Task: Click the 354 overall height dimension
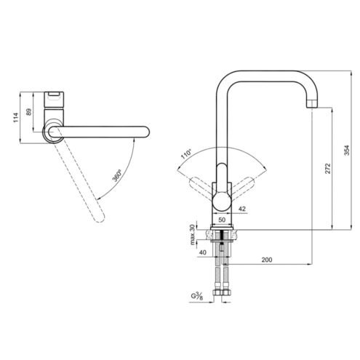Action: point(347,151)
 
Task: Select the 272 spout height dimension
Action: point(327,168)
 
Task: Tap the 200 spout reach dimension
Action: point(267,260)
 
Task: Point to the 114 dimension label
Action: point(16,118)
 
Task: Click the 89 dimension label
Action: point(28,112)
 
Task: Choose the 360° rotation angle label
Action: point(117,176)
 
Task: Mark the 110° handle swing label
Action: point(186,154)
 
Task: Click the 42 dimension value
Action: point(242,209)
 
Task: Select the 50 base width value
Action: point(222,220)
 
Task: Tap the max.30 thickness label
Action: point(192,235)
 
